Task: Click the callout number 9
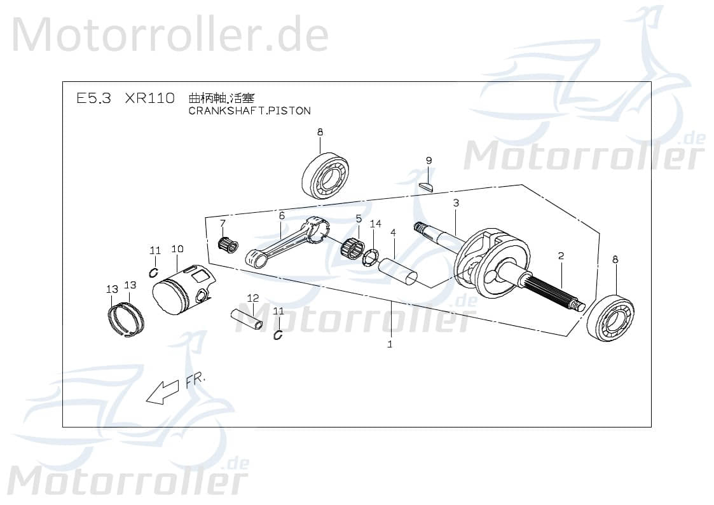pyautogui.click(x=429, y=161)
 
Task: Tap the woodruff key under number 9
pyautogui.click(x=427, y=187)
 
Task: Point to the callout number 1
pyautogui.click(x=390, y=344)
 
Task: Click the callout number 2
pyautogui.click(x=561, y=256)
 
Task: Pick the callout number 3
pyautogui.click(x=456, y=203)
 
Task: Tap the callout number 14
pyautogui.click(x=375, y=224)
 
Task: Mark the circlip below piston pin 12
pyautogui.click(x=278, y=335)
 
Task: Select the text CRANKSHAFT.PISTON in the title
pyautogui.click(x=250, y=111)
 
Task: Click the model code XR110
pyautogui.click(x=149, y=98)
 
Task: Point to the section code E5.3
pyautogui.click(x=93, y=98)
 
